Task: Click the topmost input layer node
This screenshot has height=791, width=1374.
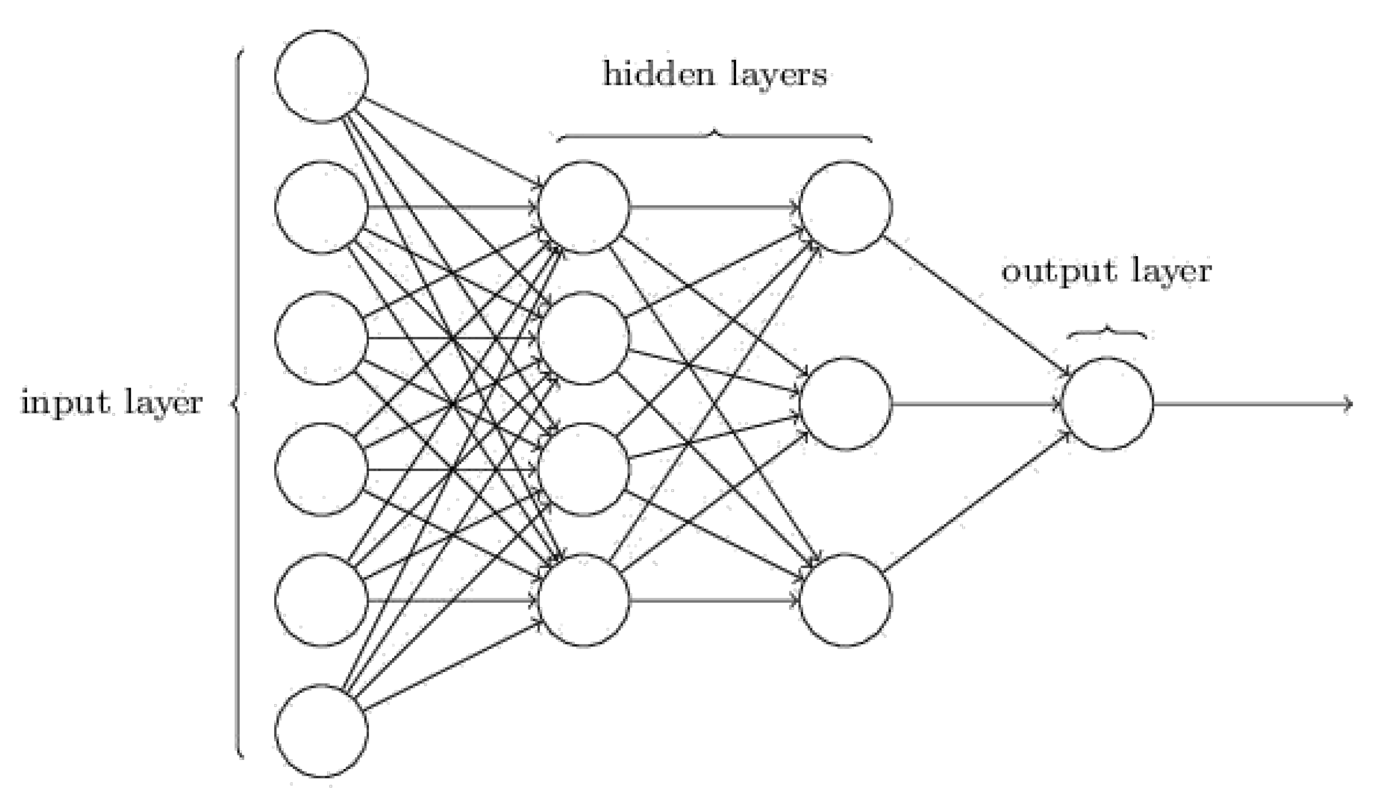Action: click(322, 76)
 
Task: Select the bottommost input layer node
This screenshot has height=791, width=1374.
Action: click(322, 731)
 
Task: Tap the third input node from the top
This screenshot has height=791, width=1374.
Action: click(322, 339)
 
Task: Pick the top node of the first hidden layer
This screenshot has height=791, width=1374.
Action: click(584, 208)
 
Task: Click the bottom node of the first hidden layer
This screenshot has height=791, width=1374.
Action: click(584, 600)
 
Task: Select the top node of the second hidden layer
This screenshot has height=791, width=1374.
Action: click(845, 208)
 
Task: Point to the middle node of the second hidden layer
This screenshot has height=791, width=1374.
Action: click(845, 404)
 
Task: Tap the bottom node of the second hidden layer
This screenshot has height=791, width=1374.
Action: click(845, 600)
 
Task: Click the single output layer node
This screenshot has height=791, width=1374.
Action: click(1107, 404)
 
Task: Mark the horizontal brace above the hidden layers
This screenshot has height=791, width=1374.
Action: click(714, 135)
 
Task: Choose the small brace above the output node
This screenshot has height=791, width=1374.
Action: click(1107, 333)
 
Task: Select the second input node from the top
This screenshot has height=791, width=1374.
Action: click(322, 208)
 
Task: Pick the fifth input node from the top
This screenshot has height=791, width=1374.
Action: click(322, 600)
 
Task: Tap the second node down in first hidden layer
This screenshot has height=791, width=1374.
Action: click(584, 339)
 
